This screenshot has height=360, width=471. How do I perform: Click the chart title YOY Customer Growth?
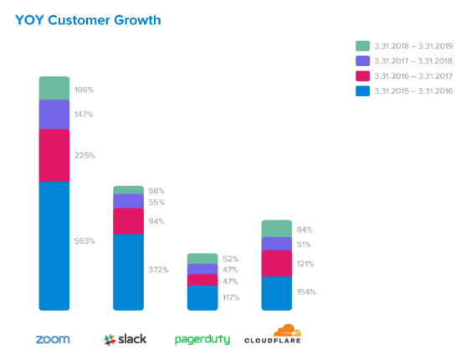(88, 20)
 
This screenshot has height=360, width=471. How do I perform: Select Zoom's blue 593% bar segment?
(54, 246)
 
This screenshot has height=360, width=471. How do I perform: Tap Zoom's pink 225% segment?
(54, 156)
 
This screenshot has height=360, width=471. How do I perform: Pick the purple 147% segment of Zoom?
(54, 115)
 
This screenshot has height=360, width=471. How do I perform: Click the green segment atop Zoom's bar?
(54, 88)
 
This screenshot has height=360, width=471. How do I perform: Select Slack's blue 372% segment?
(128, 272)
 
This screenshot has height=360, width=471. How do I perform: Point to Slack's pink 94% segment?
(128, 221)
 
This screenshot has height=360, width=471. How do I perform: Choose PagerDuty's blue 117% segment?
(202, 298)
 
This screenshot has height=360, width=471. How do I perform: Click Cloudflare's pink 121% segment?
(277, 264)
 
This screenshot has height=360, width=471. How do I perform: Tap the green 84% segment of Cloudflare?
(277, 229)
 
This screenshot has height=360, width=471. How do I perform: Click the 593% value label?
(84, 241)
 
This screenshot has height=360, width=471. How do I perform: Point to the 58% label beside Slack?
(156, 191)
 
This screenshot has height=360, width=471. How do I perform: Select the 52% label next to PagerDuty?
(230, 259)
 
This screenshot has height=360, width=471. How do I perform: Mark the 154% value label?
(306, 292)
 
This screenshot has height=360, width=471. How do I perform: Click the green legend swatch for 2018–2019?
(362, 46)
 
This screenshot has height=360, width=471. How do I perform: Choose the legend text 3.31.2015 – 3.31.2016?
(413, 91)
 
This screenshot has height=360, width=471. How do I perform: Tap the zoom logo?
(53, 340)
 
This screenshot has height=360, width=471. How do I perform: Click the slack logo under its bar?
(125, 340)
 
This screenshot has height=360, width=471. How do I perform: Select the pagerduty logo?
(202, 340)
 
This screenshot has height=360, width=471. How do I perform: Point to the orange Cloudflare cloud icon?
(287, 330)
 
